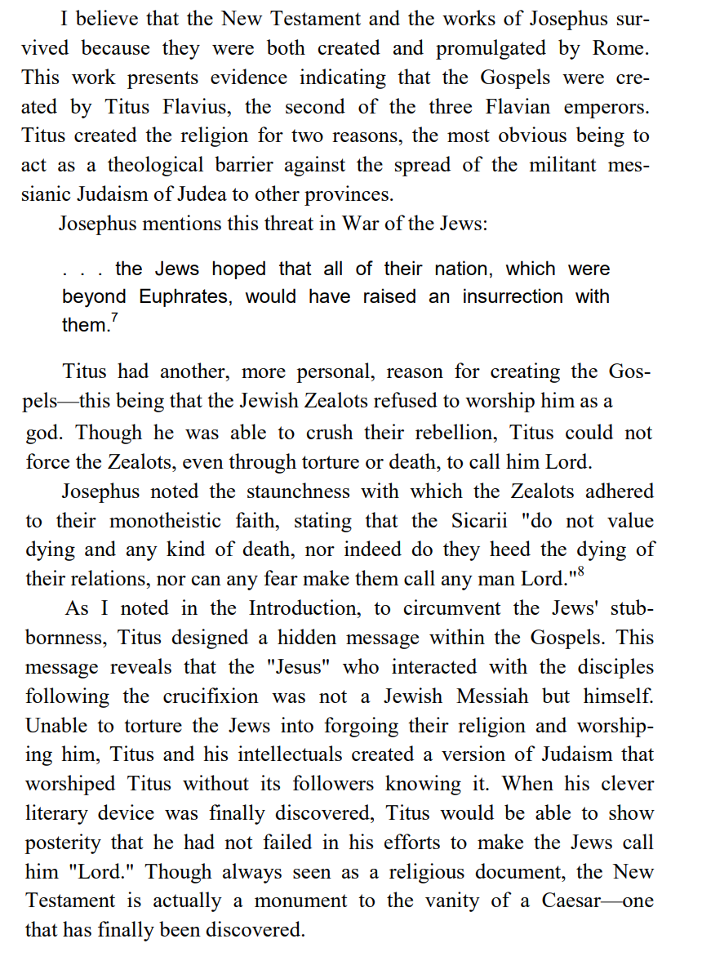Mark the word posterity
[67, 843]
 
